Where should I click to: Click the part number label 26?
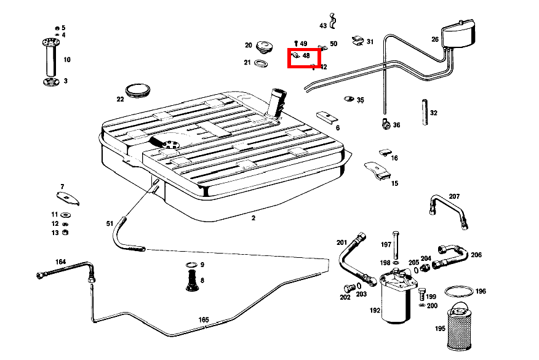tap(435, 39)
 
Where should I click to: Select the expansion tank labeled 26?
tap(458, 33)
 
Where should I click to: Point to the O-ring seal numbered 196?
tap(459, 292)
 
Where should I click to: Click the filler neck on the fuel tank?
tap(277, 103)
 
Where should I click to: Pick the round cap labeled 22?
tap(138, 90)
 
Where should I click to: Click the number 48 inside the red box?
tap(306, 55)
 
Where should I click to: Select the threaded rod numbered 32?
tap(425, 113)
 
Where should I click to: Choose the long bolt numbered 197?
tap(396, 245)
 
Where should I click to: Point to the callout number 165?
tap(204, 319)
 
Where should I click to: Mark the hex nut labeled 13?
tap(65, 233)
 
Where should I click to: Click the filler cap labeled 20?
tap(265, 47)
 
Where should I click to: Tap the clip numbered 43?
tap(332, 22)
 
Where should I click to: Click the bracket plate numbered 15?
tap(377, 171)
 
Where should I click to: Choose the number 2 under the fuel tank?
tap(254, 218)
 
